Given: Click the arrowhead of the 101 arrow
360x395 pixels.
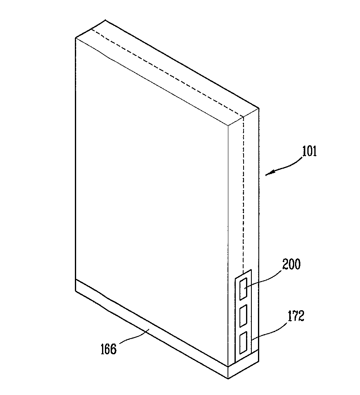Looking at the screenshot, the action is pos(267,175).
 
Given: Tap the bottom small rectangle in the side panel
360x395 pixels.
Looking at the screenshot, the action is pos(244,342).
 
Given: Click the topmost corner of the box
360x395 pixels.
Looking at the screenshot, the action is pos(94,20).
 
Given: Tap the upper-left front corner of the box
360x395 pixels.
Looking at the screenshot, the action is pos(76,38).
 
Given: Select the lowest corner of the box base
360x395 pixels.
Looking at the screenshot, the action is pos(228,377).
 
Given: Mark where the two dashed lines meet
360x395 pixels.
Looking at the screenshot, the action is pos(244,116).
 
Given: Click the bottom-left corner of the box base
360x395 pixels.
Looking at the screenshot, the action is pos(76,290).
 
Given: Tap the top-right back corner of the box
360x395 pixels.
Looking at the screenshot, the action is pos(259,109).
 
